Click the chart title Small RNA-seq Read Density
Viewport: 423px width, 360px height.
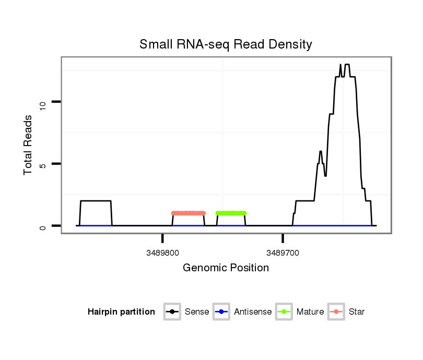[226, 44]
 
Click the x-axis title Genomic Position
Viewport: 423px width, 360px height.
[226, 268]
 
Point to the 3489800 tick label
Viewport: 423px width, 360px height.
[163, 253]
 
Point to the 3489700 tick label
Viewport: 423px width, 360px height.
[283, 253]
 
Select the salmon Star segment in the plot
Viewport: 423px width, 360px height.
[189, 213]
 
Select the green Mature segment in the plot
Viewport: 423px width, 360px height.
[231, 213]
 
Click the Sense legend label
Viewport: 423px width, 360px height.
[197, 312]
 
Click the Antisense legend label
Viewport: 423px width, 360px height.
[253, 312]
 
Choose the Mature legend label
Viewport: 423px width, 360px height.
[310, 312]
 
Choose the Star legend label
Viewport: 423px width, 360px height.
[357, 312]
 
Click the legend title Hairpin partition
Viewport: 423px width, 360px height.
[121, 312]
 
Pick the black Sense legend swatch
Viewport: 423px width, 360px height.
[172, 312]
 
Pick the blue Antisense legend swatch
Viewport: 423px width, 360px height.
[221, 312]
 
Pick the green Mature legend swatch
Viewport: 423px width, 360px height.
[284, 312]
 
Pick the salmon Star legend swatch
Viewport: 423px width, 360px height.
[336, 312]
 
